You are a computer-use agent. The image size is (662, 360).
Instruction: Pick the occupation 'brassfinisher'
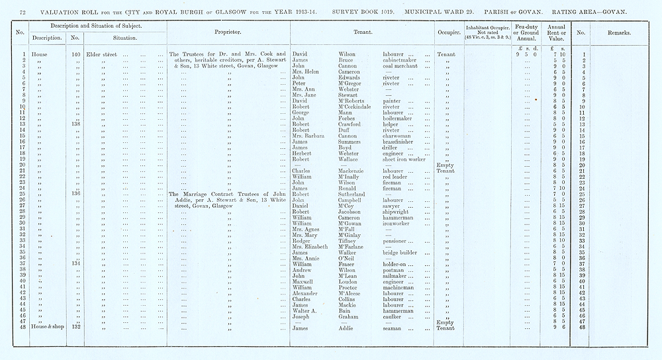(402, 142)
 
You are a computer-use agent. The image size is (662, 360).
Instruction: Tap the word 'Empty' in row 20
(444, 165)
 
